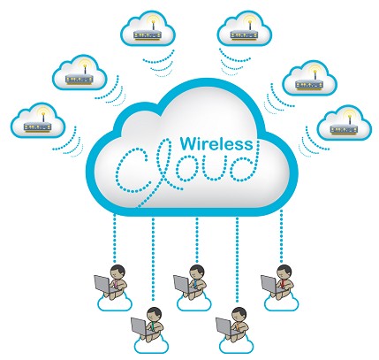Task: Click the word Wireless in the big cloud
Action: [x=216, y=144]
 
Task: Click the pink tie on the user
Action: [x=117, y=284]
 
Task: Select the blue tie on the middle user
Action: [x=195, y=284]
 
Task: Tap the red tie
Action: [x=283, y=284]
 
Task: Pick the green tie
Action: [x=153, y=326]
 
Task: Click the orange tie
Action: [x=238, y=326]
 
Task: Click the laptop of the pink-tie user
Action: [x=102, y=285]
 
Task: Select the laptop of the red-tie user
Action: [x=269, y=284]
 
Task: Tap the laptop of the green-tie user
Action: [x=140, y=327]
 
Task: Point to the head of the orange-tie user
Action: [x=239, y=314]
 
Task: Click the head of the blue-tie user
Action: [x=197, y=272]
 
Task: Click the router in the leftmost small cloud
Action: [x=38, y=126]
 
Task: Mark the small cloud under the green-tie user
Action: [x=151, y=345]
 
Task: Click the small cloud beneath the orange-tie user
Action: [x=237, y=345]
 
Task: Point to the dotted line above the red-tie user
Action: [x=281, y=236]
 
